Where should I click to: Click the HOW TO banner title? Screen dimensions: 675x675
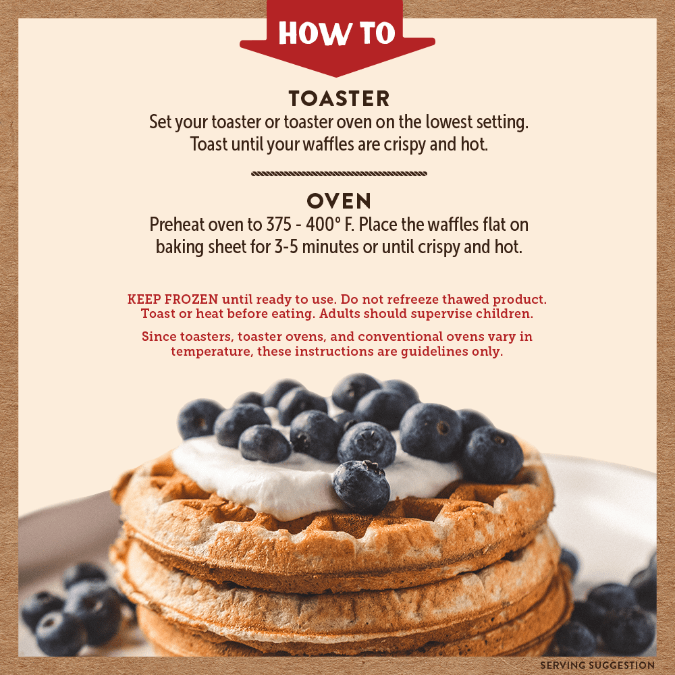(x=337, y=32)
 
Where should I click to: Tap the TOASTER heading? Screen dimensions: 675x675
(x=340, y=99)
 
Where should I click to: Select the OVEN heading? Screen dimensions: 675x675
(x=339, y=201)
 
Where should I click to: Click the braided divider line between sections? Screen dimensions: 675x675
(x=340, y=173)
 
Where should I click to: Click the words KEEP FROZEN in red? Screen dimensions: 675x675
(x=173, y=299)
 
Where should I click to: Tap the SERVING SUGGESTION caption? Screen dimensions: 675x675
(x=597, y=665)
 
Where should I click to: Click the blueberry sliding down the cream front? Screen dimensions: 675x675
(x=362, y=487)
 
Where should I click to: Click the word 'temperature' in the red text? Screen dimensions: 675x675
(x=212, y=351)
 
